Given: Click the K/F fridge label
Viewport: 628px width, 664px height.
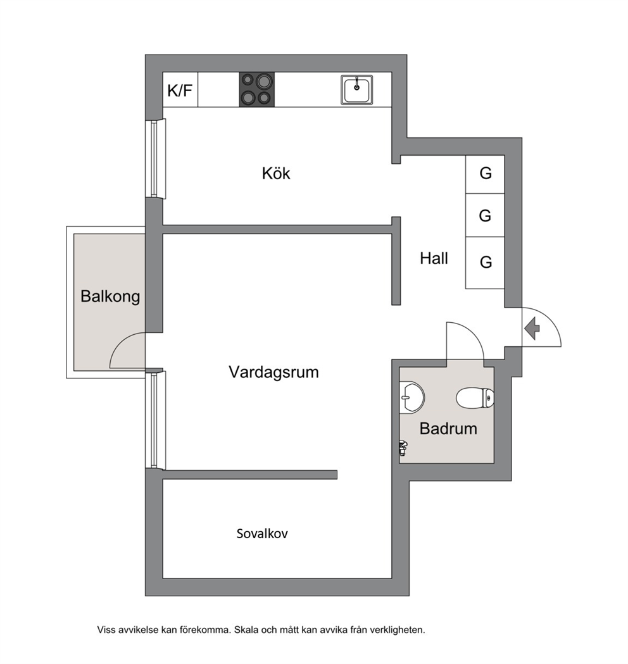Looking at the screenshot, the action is tap(180, 90).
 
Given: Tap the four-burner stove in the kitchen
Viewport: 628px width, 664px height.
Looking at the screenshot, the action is tap(256, 89).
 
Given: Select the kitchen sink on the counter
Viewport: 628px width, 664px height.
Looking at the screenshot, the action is tap(357, 89).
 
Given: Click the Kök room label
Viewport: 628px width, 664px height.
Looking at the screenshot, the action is tap(276, 173).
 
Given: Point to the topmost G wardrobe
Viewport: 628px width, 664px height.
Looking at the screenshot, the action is tap(485, 174).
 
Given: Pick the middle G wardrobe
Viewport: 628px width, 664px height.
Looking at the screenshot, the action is tap(485, 215).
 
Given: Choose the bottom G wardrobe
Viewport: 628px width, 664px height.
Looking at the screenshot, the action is tap(485, 263).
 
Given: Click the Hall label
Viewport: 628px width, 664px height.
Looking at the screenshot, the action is tap(434, 258).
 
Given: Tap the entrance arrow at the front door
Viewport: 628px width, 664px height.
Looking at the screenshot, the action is tap(532, 328).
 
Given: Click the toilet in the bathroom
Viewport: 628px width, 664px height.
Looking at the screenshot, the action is tap(475, 398).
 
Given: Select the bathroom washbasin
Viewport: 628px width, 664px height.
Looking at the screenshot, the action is tap(411, 397).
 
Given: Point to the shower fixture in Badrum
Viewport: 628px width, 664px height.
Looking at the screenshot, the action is tap(403, 448).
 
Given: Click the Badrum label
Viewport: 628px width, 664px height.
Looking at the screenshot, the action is tap(448, 429).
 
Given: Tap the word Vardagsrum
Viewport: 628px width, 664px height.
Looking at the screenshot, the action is tap(273, 372).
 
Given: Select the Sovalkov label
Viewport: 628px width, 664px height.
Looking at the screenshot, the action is tap(261, 534).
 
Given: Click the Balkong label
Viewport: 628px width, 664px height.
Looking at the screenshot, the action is tap(110, 296).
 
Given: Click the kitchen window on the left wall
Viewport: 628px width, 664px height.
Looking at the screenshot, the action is tap(155, 159).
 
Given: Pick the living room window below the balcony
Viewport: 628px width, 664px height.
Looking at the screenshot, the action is tap(155, 420).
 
